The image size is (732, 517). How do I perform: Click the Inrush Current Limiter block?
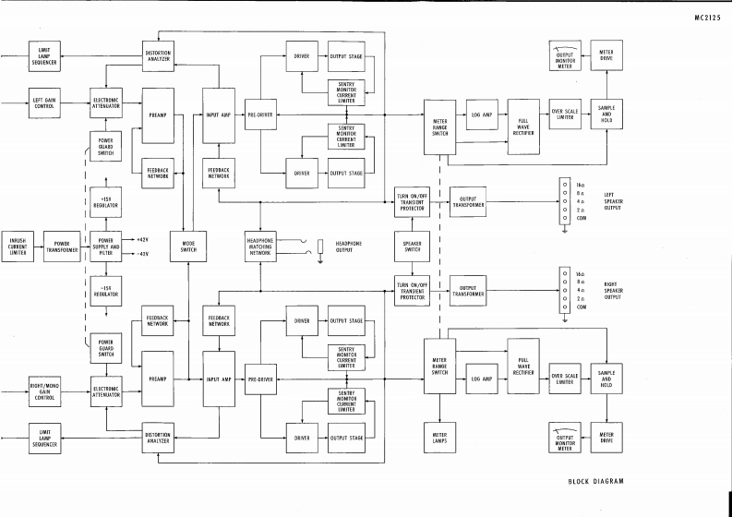pos(18,246)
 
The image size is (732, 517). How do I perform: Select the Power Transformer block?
pos(62,246)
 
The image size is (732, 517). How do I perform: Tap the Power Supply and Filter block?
pos(107,246)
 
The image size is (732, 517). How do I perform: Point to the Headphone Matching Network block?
pos(261,246)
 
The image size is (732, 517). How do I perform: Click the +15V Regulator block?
pos(107,202)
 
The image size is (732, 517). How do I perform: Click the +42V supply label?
pos(142,240)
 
